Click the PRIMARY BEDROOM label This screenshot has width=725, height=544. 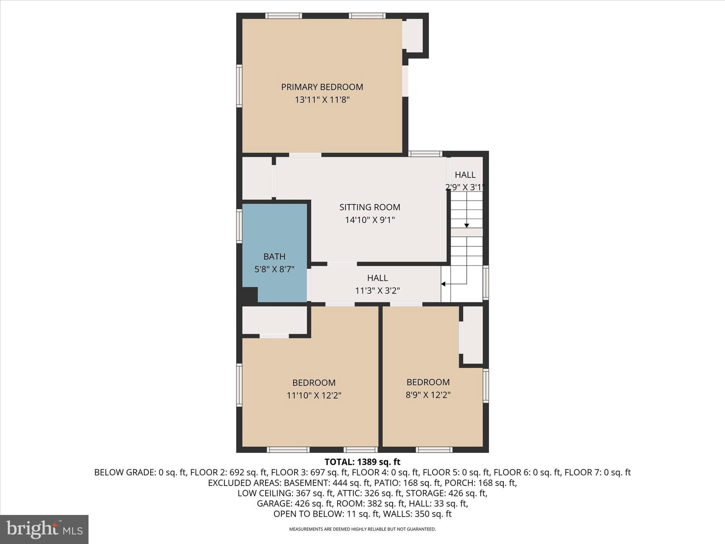click(x=322, y=87)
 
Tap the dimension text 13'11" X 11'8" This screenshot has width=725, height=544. click(x=322, y=100)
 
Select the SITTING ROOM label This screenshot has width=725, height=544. click(x=370, y=207)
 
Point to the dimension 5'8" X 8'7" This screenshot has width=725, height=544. click(x=274, y=269)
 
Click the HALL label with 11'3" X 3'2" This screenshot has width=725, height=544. click(x=377, y=278)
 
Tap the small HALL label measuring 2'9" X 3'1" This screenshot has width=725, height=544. click(x=465, y=175)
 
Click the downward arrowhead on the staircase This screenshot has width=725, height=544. click(x=467, y=226)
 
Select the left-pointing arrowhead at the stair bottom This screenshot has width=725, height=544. click(x=443, y=284)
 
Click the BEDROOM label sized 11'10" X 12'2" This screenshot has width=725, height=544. click(x=314, y=382)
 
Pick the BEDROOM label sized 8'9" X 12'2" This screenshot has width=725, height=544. click(x=428, y=382)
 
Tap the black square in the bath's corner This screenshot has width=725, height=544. click(x=250, y=295)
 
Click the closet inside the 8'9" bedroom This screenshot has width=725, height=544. click(x=473, y=335)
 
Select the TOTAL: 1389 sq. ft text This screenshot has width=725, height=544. click(x=362, y=462)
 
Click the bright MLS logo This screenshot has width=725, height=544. click(x=44, y=529)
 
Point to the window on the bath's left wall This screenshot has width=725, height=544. click(x=239, y=226)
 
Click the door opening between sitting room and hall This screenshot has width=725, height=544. click(x=342, y=264)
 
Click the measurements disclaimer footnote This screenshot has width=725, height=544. click(x=362, y=529)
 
